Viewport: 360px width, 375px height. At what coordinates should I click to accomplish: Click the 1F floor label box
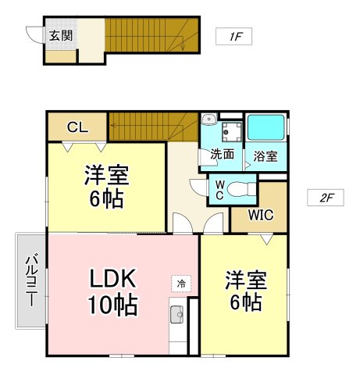coord(233,36)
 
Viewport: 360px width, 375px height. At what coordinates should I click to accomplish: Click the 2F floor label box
coord(325,198)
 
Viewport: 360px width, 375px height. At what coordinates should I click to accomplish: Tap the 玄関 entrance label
coord(61,35)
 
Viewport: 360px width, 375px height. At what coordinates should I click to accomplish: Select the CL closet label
coord(77,127)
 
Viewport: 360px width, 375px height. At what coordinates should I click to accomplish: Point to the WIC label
coord(261,215)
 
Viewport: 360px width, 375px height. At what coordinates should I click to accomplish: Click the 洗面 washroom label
coord(222,154)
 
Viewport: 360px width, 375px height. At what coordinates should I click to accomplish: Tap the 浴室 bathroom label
coord(266,156)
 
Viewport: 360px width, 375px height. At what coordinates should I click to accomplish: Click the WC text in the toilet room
coord(219,191)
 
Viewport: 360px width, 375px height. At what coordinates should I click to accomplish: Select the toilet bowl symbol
coord(242,188)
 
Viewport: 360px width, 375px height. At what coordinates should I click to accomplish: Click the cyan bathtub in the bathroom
coord(266,127)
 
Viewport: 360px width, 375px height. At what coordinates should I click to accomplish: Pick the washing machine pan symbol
coord(232,131)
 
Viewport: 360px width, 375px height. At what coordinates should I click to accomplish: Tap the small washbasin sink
coord(209,119)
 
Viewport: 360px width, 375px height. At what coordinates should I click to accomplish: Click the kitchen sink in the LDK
coord(176,314)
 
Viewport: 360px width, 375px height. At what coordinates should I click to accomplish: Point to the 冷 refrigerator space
coord(181,284)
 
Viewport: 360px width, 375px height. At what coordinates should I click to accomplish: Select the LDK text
coord(112,278)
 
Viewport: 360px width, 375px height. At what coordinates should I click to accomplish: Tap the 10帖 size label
coord(112,305)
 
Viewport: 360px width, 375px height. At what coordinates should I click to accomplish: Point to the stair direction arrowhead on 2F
coord(112,125)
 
